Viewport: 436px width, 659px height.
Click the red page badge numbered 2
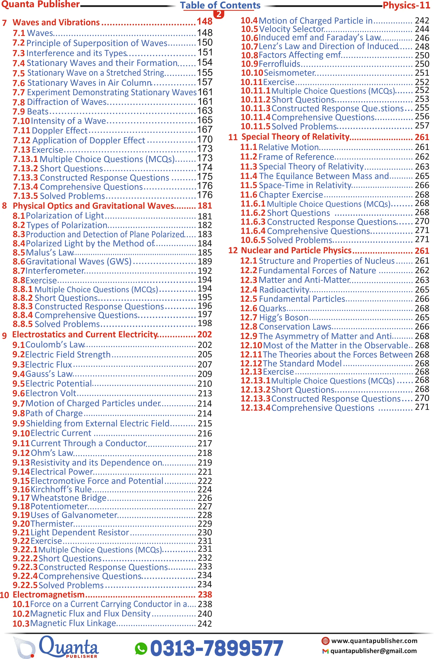[x=219, y=14]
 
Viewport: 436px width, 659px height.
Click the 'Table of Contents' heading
[x=220, y=5]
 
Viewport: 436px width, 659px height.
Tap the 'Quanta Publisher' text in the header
[x=41, y=4]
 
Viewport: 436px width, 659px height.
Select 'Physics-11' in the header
[x=406, y=5]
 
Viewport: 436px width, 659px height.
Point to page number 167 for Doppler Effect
[x=205, y=130]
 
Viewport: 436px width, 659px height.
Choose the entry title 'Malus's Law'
[x=50, y=253]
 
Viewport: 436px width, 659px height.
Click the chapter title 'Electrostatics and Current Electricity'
[x=85, y=334]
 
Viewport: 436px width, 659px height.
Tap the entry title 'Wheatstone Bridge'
[x=69, y=498]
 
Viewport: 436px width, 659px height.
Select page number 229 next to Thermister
[x=205, y=524]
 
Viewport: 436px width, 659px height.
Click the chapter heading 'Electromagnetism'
[x=49, y=594]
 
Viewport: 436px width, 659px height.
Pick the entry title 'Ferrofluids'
[x=279, y=64]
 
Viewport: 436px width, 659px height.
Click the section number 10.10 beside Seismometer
[x=252, y=73]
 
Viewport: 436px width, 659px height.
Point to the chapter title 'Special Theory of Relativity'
[x=295, y=137]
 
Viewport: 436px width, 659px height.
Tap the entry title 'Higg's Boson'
[x=284, y=318]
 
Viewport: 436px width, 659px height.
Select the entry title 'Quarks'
[x=272, y=308]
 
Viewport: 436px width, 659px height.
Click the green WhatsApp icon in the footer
[x=141, y=648]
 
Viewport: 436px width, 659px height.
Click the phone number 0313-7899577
[x=217, y=648]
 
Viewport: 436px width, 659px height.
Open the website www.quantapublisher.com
[x=374, y=641]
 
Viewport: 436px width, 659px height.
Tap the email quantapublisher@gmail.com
[x=373, y=651]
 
